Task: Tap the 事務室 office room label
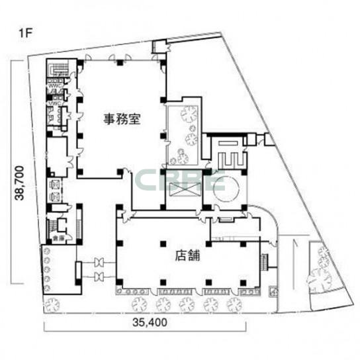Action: (120, 120)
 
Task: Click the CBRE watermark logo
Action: (180, 180)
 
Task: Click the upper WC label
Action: (54, 85)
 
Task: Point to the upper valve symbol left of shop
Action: (101, 261)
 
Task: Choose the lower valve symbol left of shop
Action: (101, 274)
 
